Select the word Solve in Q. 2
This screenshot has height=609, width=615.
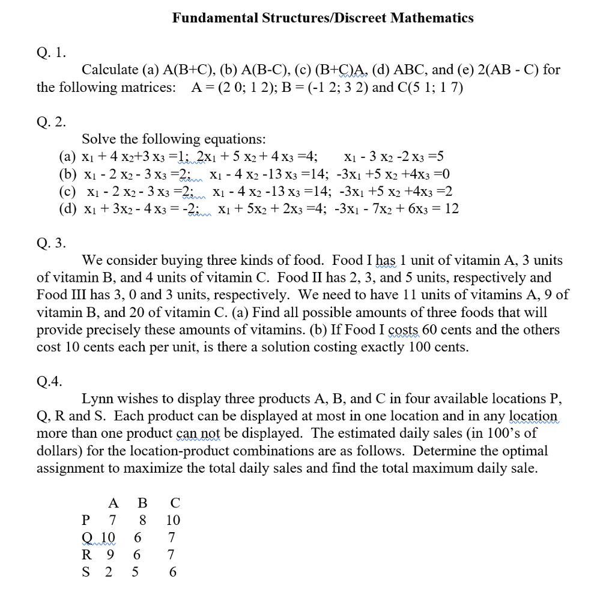click(98, 139)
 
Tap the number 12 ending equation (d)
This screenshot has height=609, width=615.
click(451, 209)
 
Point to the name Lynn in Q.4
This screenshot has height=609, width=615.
click(96, 399)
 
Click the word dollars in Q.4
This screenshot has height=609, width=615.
click(57, 451)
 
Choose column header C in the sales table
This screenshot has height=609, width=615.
click(175, 503)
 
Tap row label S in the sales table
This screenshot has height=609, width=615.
click(86, 572)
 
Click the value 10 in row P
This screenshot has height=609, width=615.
click(173, 520)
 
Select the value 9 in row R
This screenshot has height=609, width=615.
click(109, 555)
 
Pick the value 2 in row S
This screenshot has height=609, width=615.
click(109, 572)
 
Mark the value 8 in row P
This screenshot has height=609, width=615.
click(142, 520)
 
